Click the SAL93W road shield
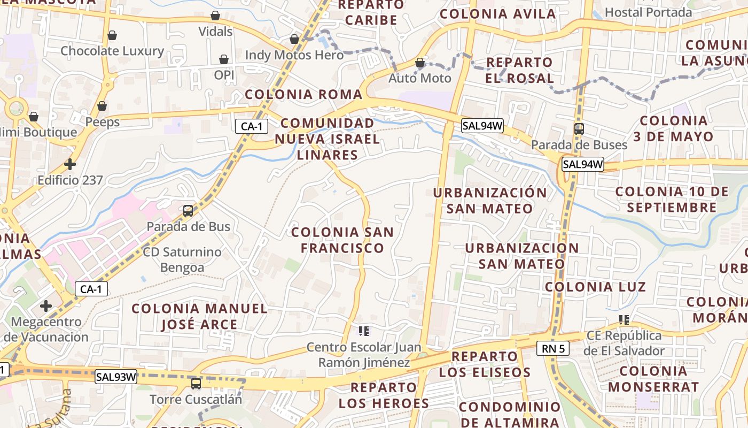[116, 377]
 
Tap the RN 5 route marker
[553, 349]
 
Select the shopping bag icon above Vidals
[215, 16]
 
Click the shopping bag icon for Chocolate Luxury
[112, 36]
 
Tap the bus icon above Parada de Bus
[188, 211]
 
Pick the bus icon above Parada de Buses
[579, 129]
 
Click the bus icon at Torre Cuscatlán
[196, 384]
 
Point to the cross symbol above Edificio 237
[70, 164]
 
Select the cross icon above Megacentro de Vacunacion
[46, 306]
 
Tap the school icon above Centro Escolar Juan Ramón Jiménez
[364, 331]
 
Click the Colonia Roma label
[303, 95]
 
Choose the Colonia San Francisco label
[342, 240]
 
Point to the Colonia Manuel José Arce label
[199, 316]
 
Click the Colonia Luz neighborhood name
[595, 287]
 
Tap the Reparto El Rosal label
[519, 70]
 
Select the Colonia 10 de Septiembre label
[672, 199]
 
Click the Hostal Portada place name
[648, 12]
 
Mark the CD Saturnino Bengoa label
[182, 259]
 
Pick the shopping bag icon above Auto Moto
[420, 63]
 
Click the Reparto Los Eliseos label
[485, 364]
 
